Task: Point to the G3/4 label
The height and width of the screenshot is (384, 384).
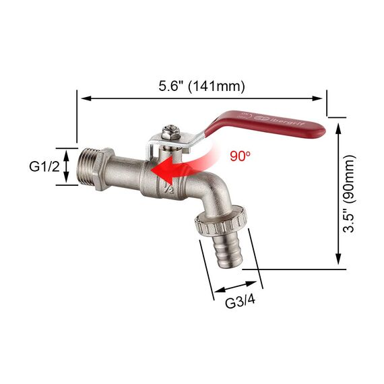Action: click(240, 301)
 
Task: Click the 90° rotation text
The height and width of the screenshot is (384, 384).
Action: click(239, 156)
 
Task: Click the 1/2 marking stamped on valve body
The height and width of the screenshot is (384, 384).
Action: click(168, 189)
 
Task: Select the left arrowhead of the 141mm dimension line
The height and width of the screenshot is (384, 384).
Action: click(83, 99)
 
